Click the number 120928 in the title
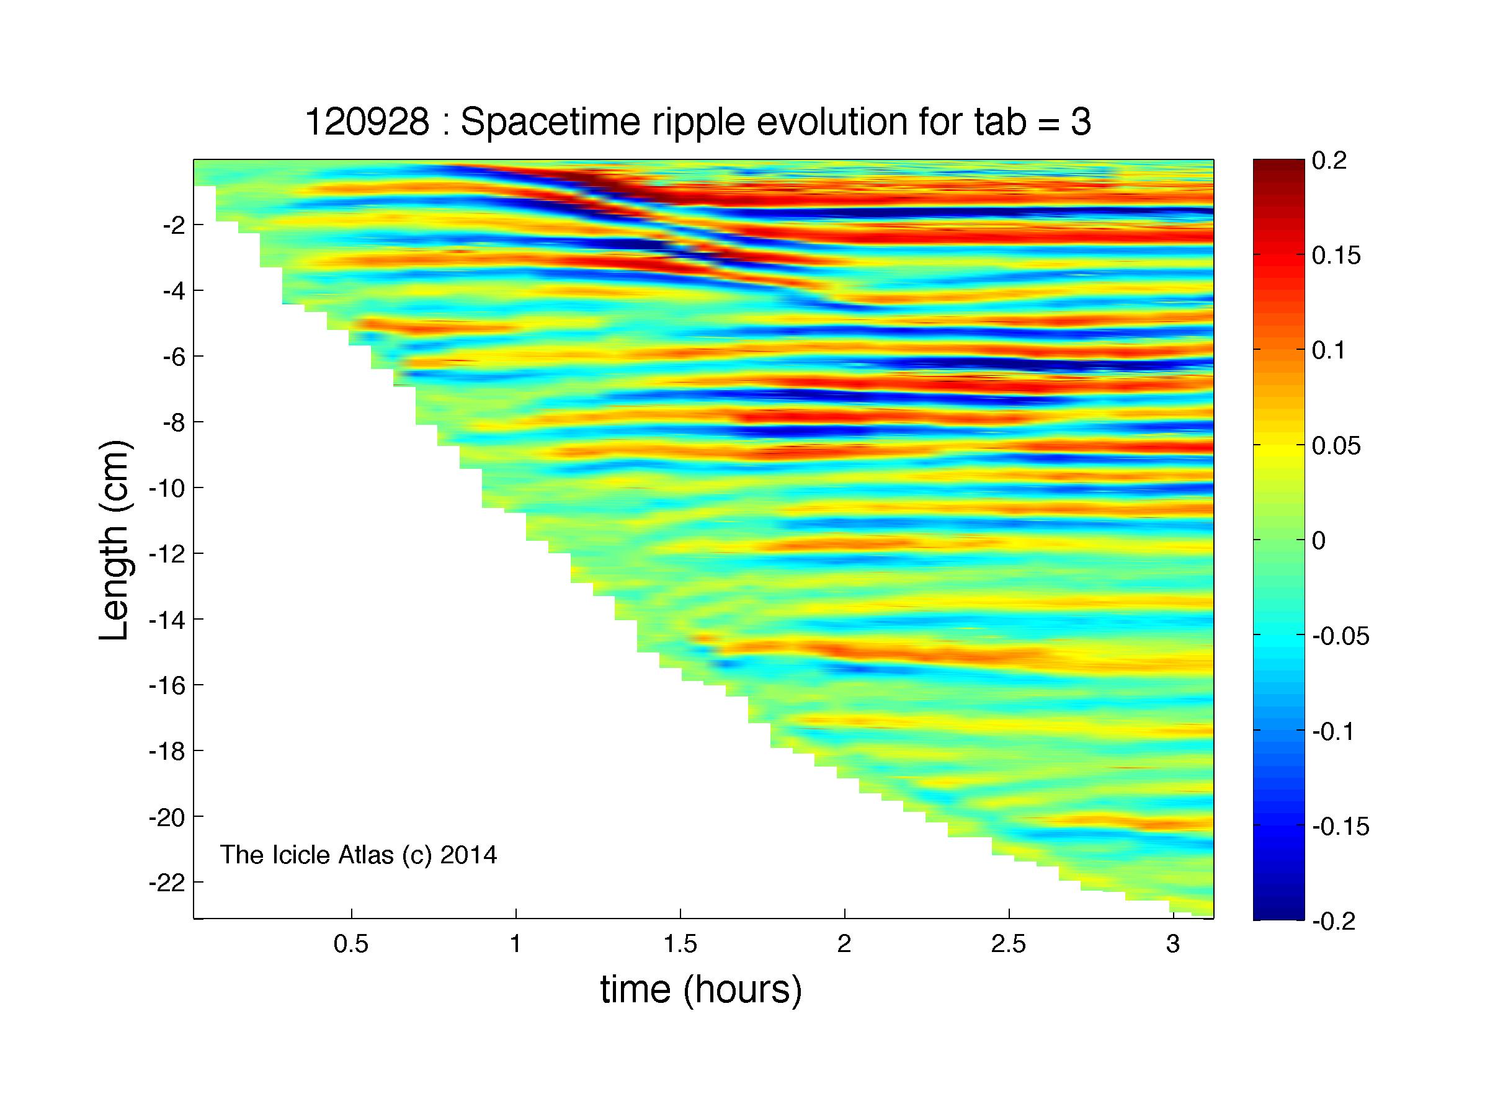[367, 123]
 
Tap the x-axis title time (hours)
[701, 989]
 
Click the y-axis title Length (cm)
[115, 540]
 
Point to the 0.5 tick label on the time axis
[351, 945]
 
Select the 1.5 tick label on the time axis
[680, 945]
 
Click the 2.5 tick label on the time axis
[1009, 945]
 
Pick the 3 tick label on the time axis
[1173, 945]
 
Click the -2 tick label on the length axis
[174, 225]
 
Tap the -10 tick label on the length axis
[167, 488]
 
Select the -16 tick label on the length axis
[167, 685]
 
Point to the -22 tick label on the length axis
[167, 883]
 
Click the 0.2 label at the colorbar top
[1329, 161]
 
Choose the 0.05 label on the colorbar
[1336, 446]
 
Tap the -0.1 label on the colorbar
[1334, 731]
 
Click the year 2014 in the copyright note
[468, 855]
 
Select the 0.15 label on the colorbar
[1336, 256]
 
